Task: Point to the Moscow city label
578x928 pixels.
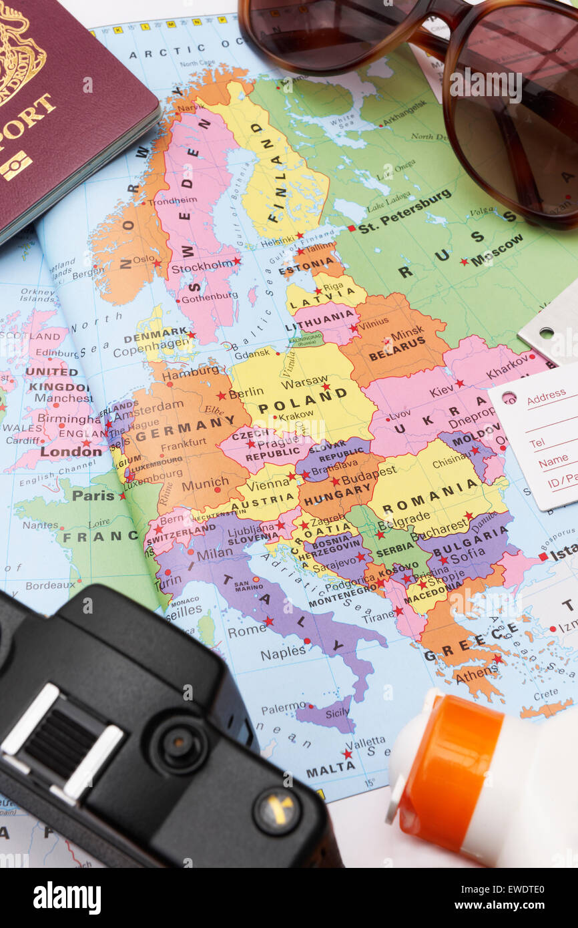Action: coord(497,250)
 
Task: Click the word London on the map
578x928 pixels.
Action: coord(71,451)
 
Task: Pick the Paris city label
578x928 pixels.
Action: coord(93,495)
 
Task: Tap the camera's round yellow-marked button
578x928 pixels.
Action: coord(276,810)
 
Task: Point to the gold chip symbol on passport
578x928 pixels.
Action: coord(15,165)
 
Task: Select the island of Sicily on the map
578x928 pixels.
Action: coord(325,715)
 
